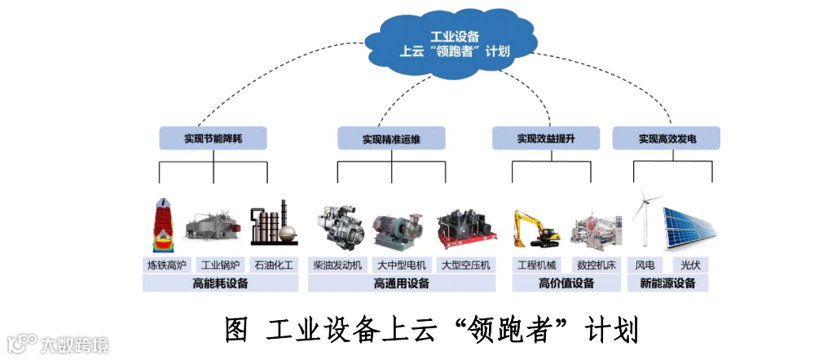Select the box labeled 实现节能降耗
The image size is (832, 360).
(x=213, y=138)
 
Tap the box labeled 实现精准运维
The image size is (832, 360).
(x=391, y=138)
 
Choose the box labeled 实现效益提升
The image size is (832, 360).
(x=545, y=138)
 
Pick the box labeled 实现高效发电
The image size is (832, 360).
(x=667, y=138)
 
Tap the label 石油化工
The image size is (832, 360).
(x=274, y=265)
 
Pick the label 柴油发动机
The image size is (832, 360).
(x=338, y=265)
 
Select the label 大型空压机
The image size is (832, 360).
(x=465, y=265)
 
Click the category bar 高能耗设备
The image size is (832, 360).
(x=220, y=283)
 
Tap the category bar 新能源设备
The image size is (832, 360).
(x=668, y=283)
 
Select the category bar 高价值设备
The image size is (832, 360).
(x=566, y=283)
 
